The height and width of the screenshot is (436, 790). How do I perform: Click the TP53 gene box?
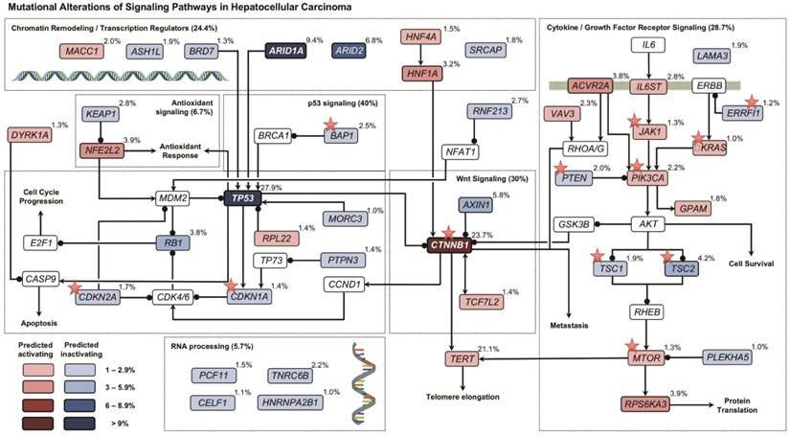pos(238,198)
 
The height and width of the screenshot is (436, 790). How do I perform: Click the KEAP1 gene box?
pos(101,112)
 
